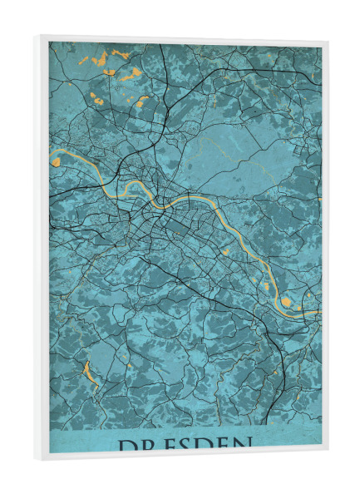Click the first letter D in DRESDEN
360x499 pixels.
click(x=127, y=447)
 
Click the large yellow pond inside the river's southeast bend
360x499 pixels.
click(x=286, y=301)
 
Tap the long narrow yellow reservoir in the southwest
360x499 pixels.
click(x=90, y=373)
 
